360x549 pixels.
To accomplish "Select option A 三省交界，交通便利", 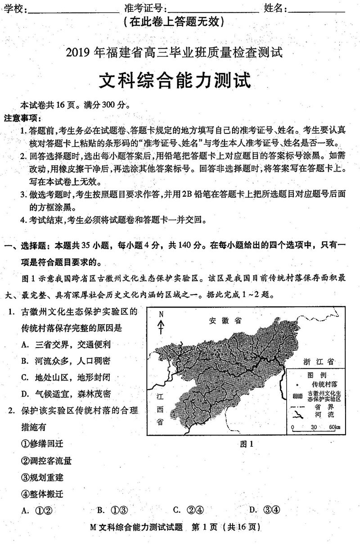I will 65,345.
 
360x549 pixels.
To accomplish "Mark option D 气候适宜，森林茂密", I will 65,394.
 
